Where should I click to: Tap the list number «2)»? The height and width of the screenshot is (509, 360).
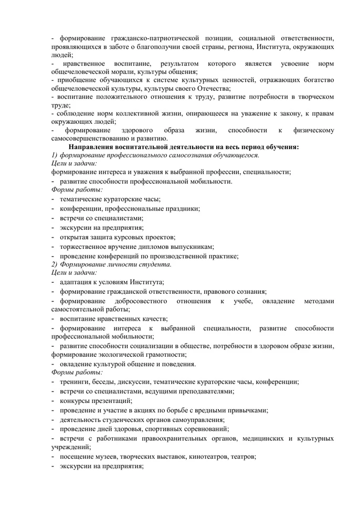tap(56, 264)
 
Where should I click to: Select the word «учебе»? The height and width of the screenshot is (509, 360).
tap(243, 301)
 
